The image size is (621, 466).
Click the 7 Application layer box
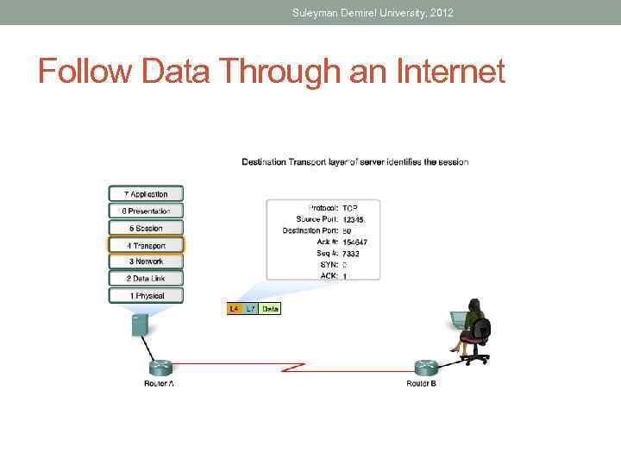147,194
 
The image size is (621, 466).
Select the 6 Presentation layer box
147,211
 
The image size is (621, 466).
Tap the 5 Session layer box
147,228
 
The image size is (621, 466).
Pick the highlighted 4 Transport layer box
147,245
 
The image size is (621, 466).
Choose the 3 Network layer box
147,261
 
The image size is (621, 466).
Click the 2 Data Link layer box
147,278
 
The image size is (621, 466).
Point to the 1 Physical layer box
147,295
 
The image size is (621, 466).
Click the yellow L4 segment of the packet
234,308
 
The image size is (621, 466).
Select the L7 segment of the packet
250,308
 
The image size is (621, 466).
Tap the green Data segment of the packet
270,308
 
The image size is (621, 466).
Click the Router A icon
159,367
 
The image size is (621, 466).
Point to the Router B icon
422,367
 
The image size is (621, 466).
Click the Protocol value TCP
350,209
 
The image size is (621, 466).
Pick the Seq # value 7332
351,254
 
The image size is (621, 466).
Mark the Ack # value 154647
355,242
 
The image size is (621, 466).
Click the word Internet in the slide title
449,72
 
